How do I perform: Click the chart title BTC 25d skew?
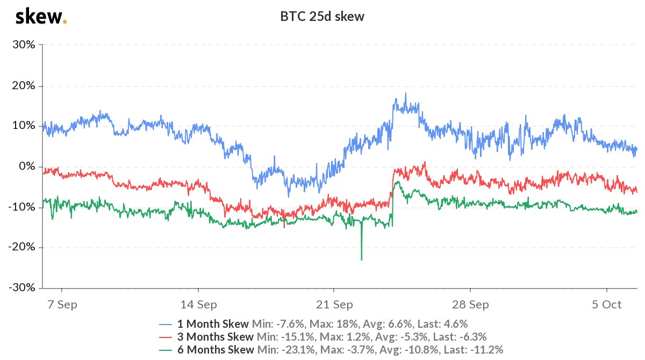pos(322,17)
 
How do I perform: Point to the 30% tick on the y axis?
pos(24,45)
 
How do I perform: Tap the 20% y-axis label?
pos(24,85)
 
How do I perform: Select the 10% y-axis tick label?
pos(24,126)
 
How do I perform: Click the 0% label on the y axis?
pos(27,166)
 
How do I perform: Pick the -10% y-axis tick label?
pos(23,207)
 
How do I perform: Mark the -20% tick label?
pos(23,247)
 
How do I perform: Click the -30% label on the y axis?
pos(23,287)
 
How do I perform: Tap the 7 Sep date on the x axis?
pos(62,305)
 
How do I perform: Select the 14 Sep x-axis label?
pos(198,305)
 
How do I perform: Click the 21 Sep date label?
pos(334,305)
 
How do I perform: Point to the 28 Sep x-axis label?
pos(470,305)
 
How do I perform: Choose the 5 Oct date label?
pos(606,305)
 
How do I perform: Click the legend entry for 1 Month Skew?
pos(213,324)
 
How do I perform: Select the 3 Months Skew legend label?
pos(215,337)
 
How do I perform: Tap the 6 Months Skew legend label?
pos(215,350)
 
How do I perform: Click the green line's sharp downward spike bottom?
pos(361,260)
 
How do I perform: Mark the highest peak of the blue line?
pos(406,93)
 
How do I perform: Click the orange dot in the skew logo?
pos(65,22)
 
